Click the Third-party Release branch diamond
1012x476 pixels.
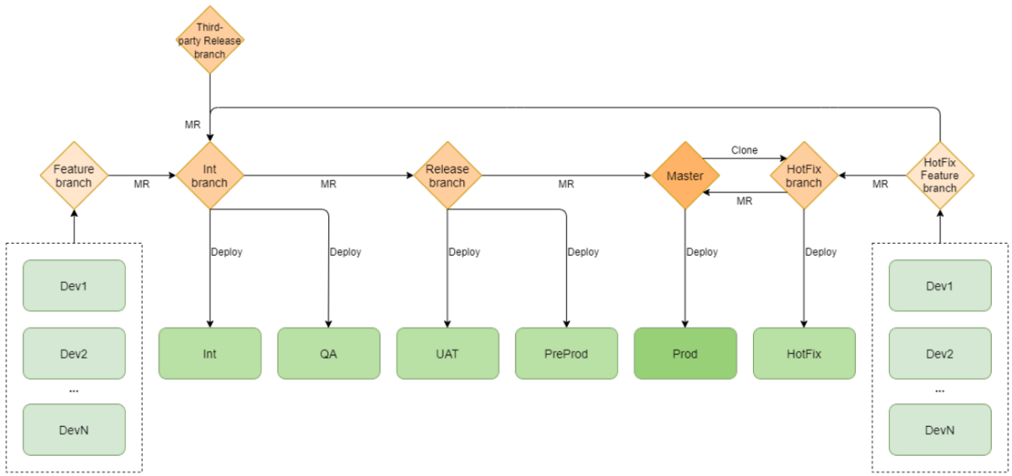click(x=209, y=41)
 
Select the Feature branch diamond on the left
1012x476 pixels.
click(x=74, y=176)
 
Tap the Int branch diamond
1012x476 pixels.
click(x=209, y=176)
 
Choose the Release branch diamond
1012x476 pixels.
click(x=447, y=176)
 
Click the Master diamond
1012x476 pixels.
click(x=685, y=176)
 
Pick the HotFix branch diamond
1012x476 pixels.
click(x=804, y=176)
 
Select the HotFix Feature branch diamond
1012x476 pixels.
click(x=939, y=176)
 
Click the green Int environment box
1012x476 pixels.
click(x=209, y=354)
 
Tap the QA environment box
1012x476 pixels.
click(x=328, y=354)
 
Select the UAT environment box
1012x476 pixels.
click(x=447, y=354)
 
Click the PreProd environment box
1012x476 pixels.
click(x=566, y=354)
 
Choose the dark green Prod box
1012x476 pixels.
click(x=685, y=354)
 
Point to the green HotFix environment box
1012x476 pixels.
click(x=804, y=354)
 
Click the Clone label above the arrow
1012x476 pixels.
click(x=744, y=150)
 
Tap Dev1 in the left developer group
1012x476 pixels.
click(x=74, y=285)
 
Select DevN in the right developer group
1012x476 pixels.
click(x=939, y=430)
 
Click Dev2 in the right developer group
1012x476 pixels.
click(x=939, y=354)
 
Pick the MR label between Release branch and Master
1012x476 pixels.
click(x=566, y=184)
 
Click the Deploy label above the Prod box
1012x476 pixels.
click(x=702, y=252)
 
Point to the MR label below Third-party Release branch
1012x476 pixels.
click(x=192, y=124)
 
